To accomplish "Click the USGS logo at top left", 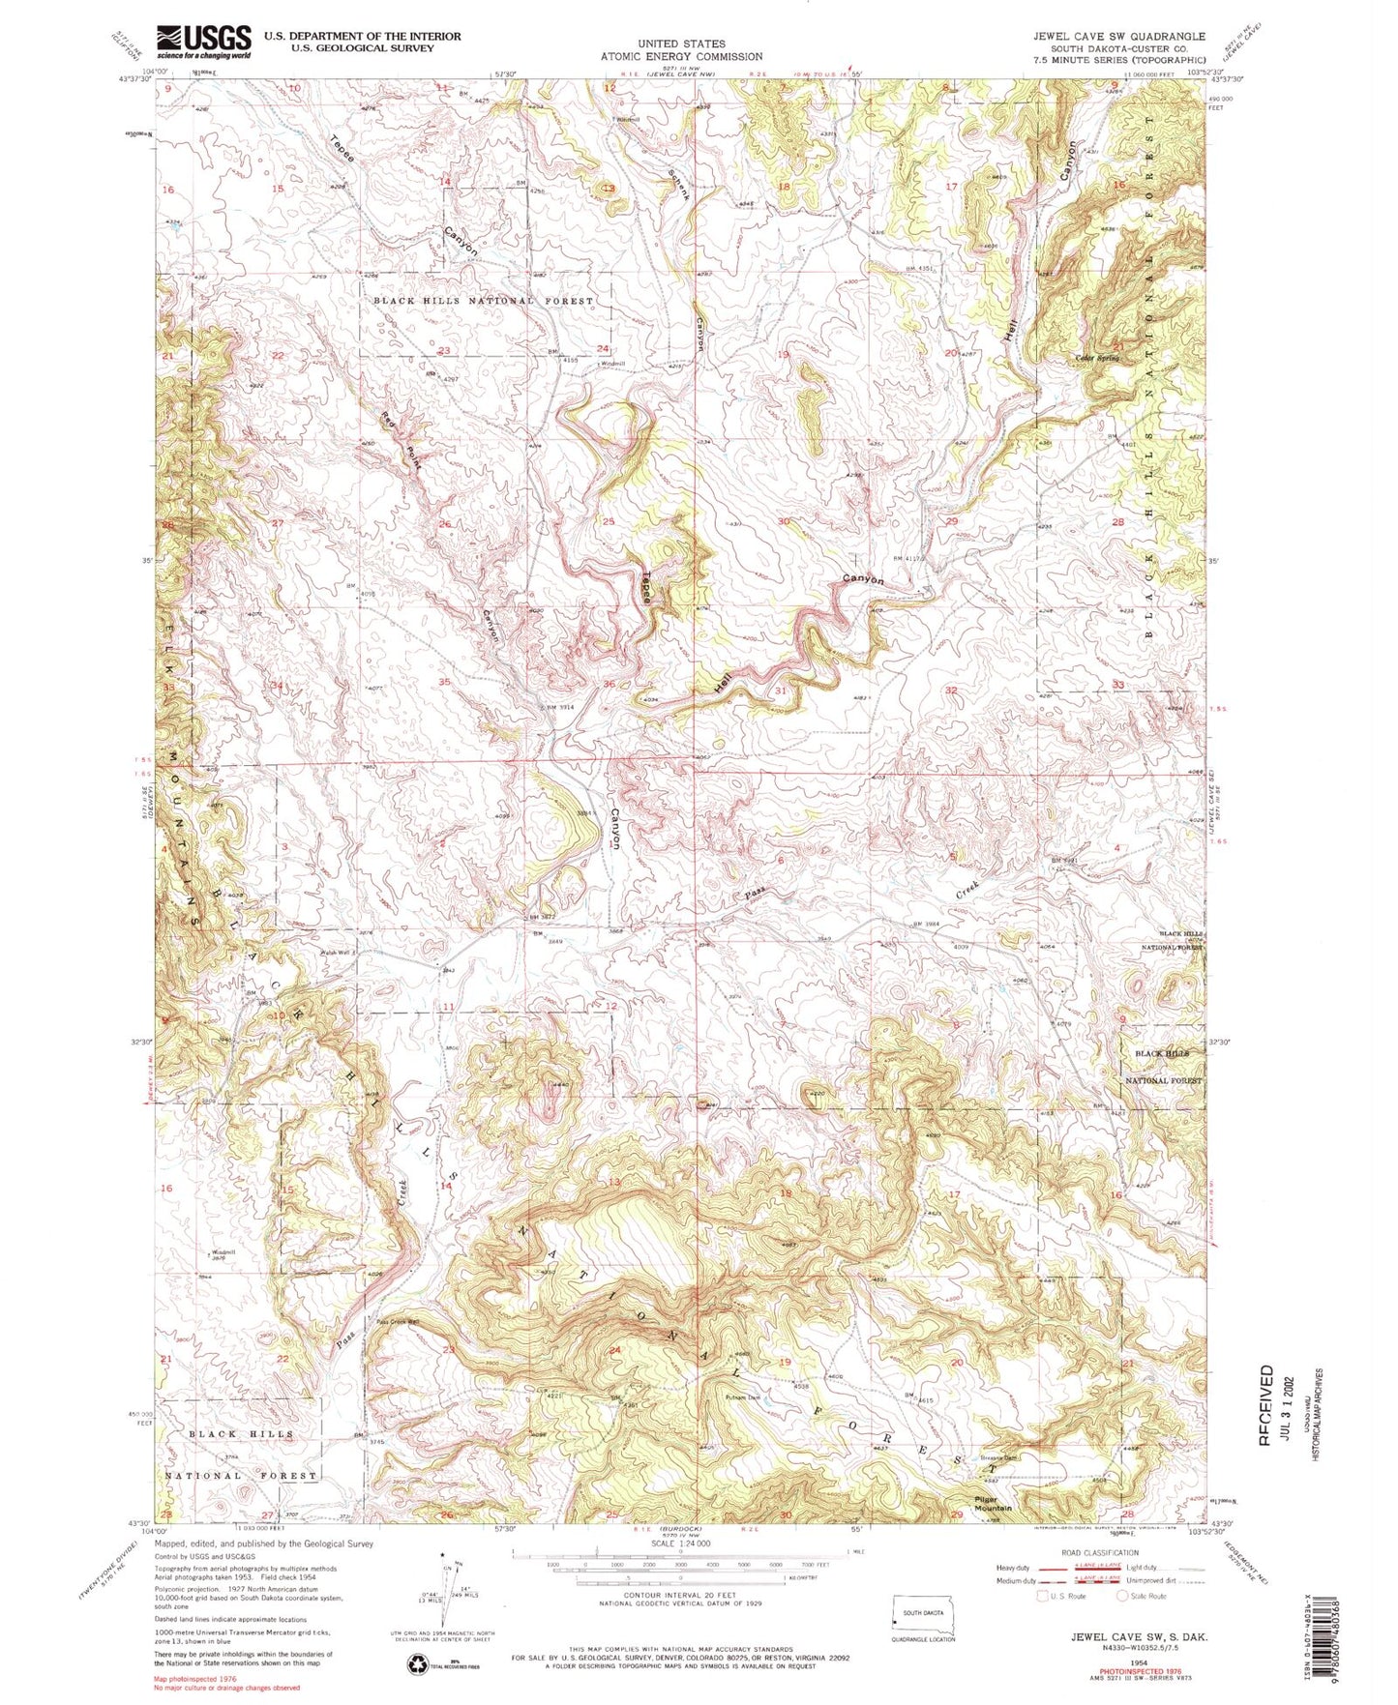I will tap(204, 41).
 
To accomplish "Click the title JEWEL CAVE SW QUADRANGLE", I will tap(1118, 36).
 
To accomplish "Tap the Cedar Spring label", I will tap(1098, 359).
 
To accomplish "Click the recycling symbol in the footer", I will tap(417, 1663).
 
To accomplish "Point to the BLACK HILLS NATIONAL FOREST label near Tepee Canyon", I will tap(484, 301).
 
